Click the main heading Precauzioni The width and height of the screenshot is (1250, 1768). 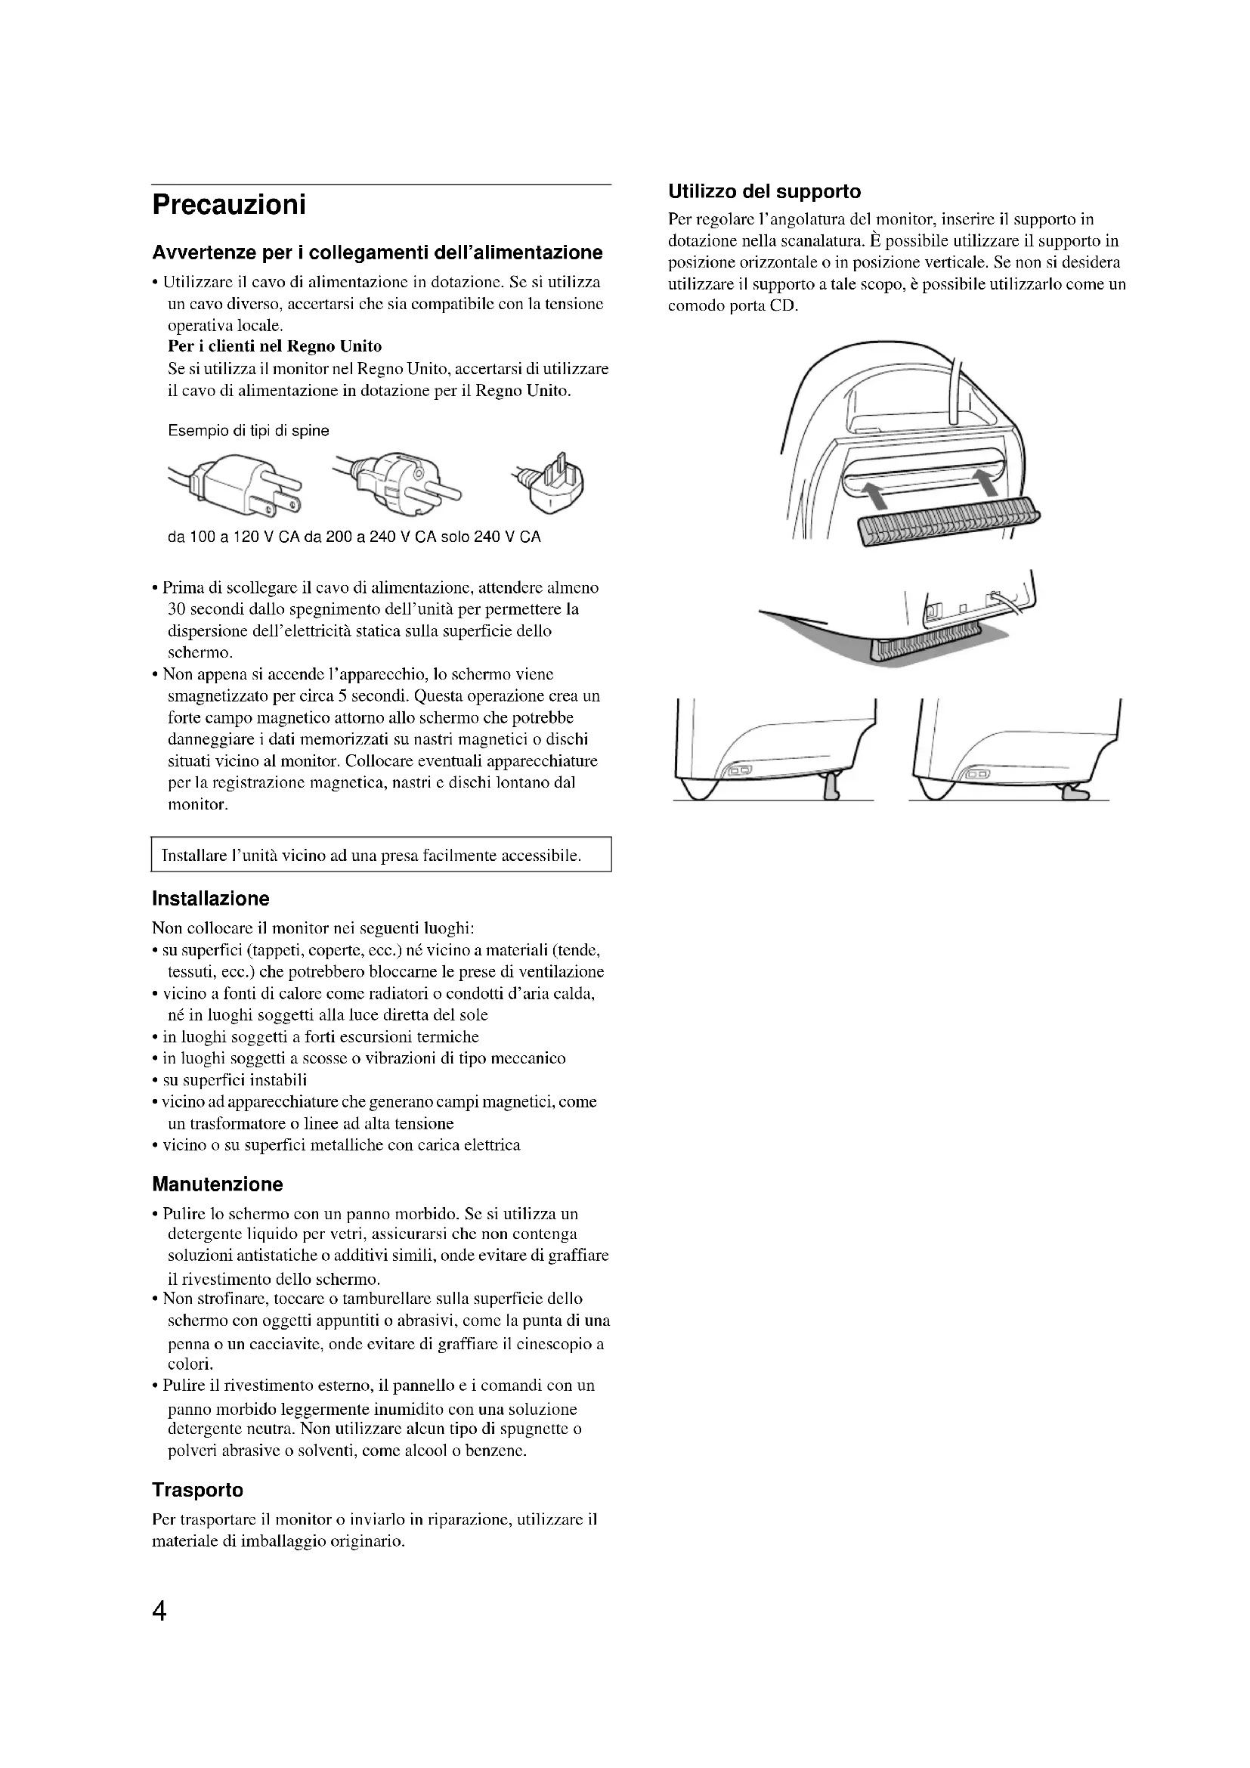(x=228, y=206)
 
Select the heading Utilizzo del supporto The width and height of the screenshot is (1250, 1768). (x=763, y=191)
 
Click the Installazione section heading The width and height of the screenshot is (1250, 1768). (x=210, y=899)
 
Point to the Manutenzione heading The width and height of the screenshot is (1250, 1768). (x=217, y=1184)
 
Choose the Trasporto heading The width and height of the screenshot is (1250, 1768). (x=197, y=1490)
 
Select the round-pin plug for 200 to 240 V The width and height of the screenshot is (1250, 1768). (x=398, y=483)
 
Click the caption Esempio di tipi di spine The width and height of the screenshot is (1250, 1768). (x=248, y=431)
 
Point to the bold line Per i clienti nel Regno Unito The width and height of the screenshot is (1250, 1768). (x=274, y=346)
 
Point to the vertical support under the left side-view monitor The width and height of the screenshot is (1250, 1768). (x=831, y=786)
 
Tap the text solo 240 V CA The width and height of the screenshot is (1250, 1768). (x=495, y=537)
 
